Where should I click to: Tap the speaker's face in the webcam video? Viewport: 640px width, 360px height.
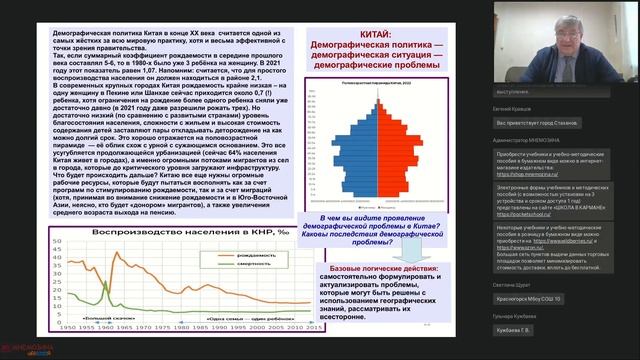click(566, 40)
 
